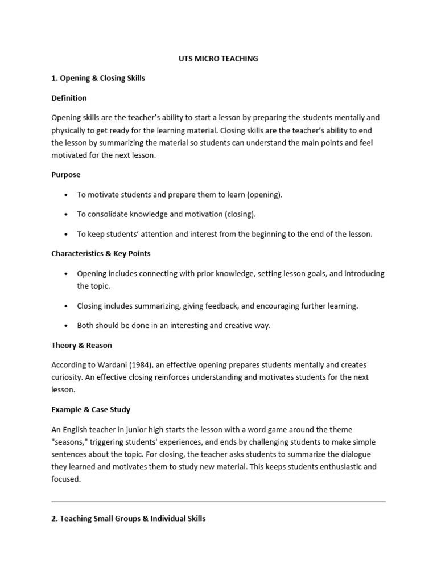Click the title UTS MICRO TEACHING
(218, 59)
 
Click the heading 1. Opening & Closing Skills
(98, 78)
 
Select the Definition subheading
(69, 98)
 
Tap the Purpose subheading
(66, 175)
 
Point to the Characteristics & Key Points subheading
(101, 253)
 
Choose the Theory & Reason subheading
(81, 345)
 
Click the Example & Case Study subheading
(91, 409)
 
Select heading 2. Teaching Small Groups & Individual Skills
(128, 519)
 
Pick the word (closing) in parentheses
(240, 214)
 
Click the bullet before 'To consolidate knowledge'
(66, 215)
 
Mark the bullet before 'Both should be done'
(66, 326)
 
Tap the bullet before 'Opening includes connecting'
(66, 274)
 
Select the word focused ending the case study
(66, 479)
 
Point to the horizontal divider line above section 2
(218, 502)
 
